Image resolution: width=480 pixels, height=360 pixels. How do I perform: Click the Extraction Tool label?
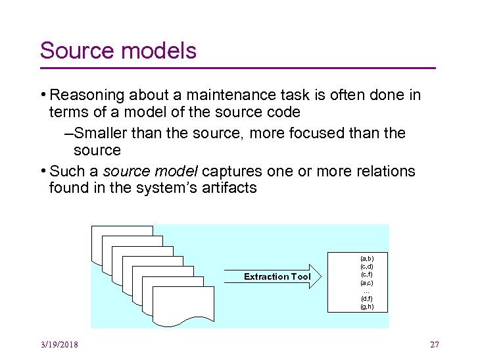pos(277,276)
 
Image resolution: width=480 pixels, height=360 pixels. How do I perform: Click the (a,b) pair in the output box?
pos(366,259)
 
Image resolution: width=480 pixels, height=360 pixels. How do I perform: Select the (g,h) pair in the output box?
pos(366,306)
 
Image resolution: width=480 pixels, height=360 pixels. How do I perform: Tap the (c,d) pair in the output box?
pos(366,267)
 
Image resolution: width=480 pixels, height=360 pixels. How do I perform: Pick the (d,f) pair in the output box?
pos(366,298)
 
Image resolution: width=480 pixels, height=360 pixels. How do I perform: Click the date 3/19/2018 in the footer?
pos(59,345)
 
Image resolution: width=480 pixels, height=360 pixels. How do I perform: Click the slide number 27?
pos(434,345)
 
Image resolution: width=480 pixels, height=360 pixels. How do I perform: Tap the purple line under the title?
pos(237,68)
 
